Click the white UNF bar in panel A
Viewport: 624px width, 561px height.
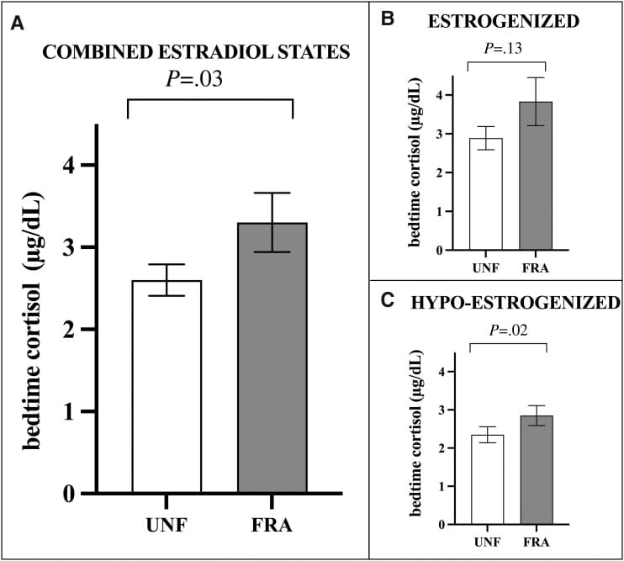coord(166,387)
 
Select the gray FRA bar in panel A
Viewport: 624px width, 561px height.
coord(272,358)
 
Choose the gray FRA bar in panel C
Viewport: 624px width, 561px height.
coord(535,470)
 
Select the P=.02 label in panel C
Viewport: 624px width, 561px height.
coord(507,329)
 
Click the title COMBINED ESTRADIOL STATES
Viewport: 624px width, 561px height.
coord(196,52)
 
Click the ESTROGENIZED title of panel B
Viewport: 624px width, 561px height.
coord(515,21)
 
